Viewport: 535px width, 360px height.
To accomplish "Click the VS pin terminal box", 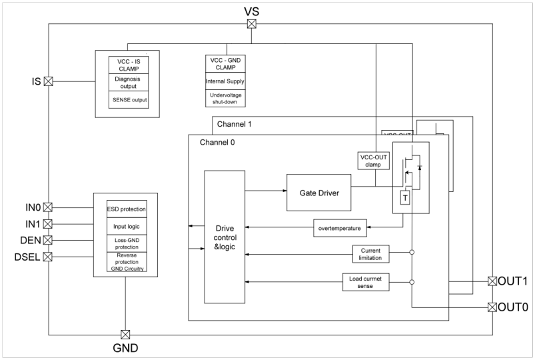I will click(x=252, y=24).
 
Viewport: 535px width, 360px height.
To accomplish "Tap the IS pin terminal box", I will click(x=48, y=81).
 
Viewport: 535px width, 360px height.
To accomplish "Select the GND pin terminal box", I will click(x=125, y=335).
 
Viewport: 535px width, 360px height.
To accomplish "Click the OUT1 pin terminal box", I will click(x=492, y=281).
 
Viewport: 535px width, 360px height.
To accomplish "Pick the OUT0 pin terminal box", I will click(x=492, y=307).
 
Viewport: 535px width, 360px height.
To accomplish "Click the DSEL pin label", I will click(x=27, y=256).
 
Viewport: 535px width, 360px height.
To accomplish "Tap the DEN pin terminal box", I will click(x=48, y=240).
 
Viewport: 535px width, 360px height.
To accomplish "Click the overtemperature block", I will click(x=340, y=228).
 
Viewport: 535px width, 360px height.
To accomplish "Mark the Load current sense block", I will click(x=366, y=282).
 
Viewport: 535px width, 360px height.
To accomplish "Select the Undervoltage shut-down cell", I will click(x=226, y=99).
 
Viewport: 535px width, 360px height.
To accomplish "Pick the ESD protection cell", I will click(x=127, y=209).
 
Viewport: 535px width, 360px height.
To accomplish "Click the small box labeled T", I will click(x=404, y=197).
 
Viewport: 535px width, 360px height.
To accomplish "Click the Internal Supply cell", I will click(x=226, y=81).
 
